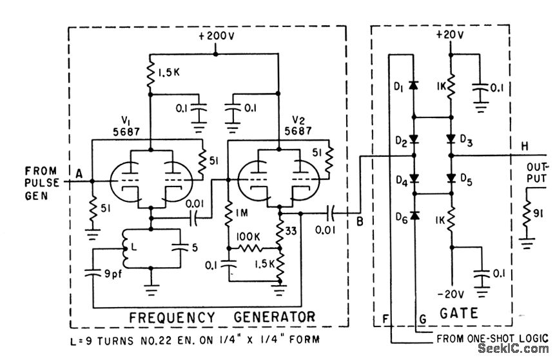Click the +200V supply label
(216, 37)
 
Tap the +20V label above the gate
(450, 35)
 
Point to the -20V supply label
(451, 294)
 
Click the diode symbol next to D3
(451, 139)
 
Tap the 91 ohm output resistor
(527, 213)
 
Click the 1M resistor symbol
(228, 213)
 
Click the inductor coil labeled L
(125, 248)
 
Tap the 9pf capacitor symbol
(93, 273)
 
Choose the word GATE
(459, 314)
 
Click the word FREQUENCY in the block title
(171, 317)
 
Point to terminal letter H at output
(524, 146)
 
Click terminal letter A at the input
(79, 174)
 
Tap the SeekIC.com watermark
(513, 348)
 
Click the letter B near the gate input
(360, 222)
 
